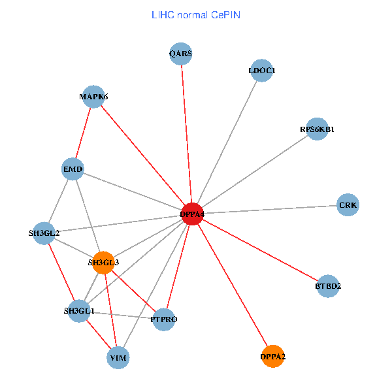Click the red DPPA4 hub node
pos(192,214)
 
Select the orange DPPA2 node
pos(272,356)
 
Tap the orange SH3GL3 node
pos(103,263)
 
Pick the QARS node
pos(180,54)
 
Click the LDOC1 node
pos(262,71)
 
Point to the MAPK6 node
pos(93,97)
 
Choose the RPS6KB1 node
pos(317,129)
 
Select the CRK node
pos(348,205)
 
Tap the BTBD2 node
pos(328,286)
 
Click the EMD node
pos(73,170)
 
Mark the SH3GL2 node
pos(44,233)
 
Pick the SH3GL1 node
pos(79,311)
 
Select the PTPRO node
pos(163,319)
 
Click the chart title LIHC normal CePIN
pos(196,14)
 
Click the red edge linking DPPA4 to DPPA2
pos(232,285)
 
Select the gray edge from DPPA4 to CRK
pos(270,209)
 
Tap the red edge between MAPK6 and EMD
pos(83,133)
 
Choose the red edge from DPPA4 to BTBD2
pos(260,250)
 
